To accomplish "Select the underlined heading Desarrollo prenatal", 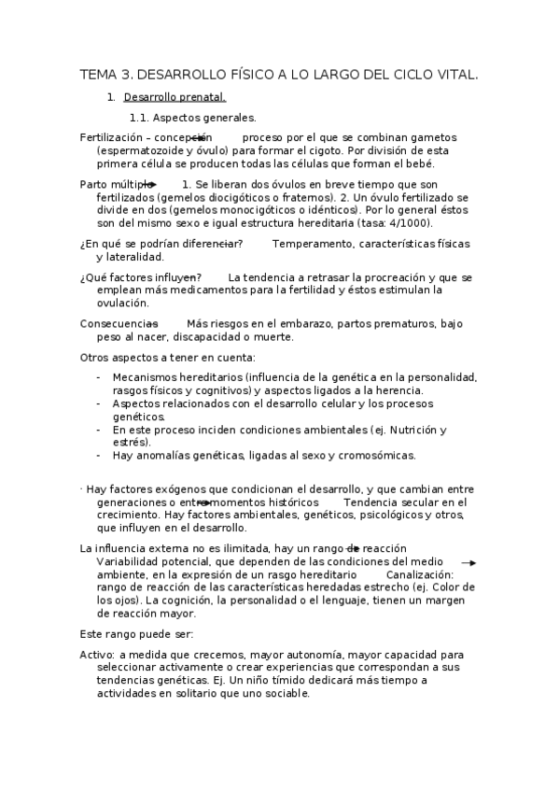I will click(175, 96).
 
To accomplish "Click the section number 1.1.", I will click(138, 118).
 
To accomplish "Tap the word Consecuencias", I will click(118, 323).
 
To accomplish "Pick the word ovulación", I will click(122, 303).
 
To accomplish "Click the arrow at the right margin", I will click(470, 563).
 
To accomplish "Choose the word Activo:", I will click(97, 655).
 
